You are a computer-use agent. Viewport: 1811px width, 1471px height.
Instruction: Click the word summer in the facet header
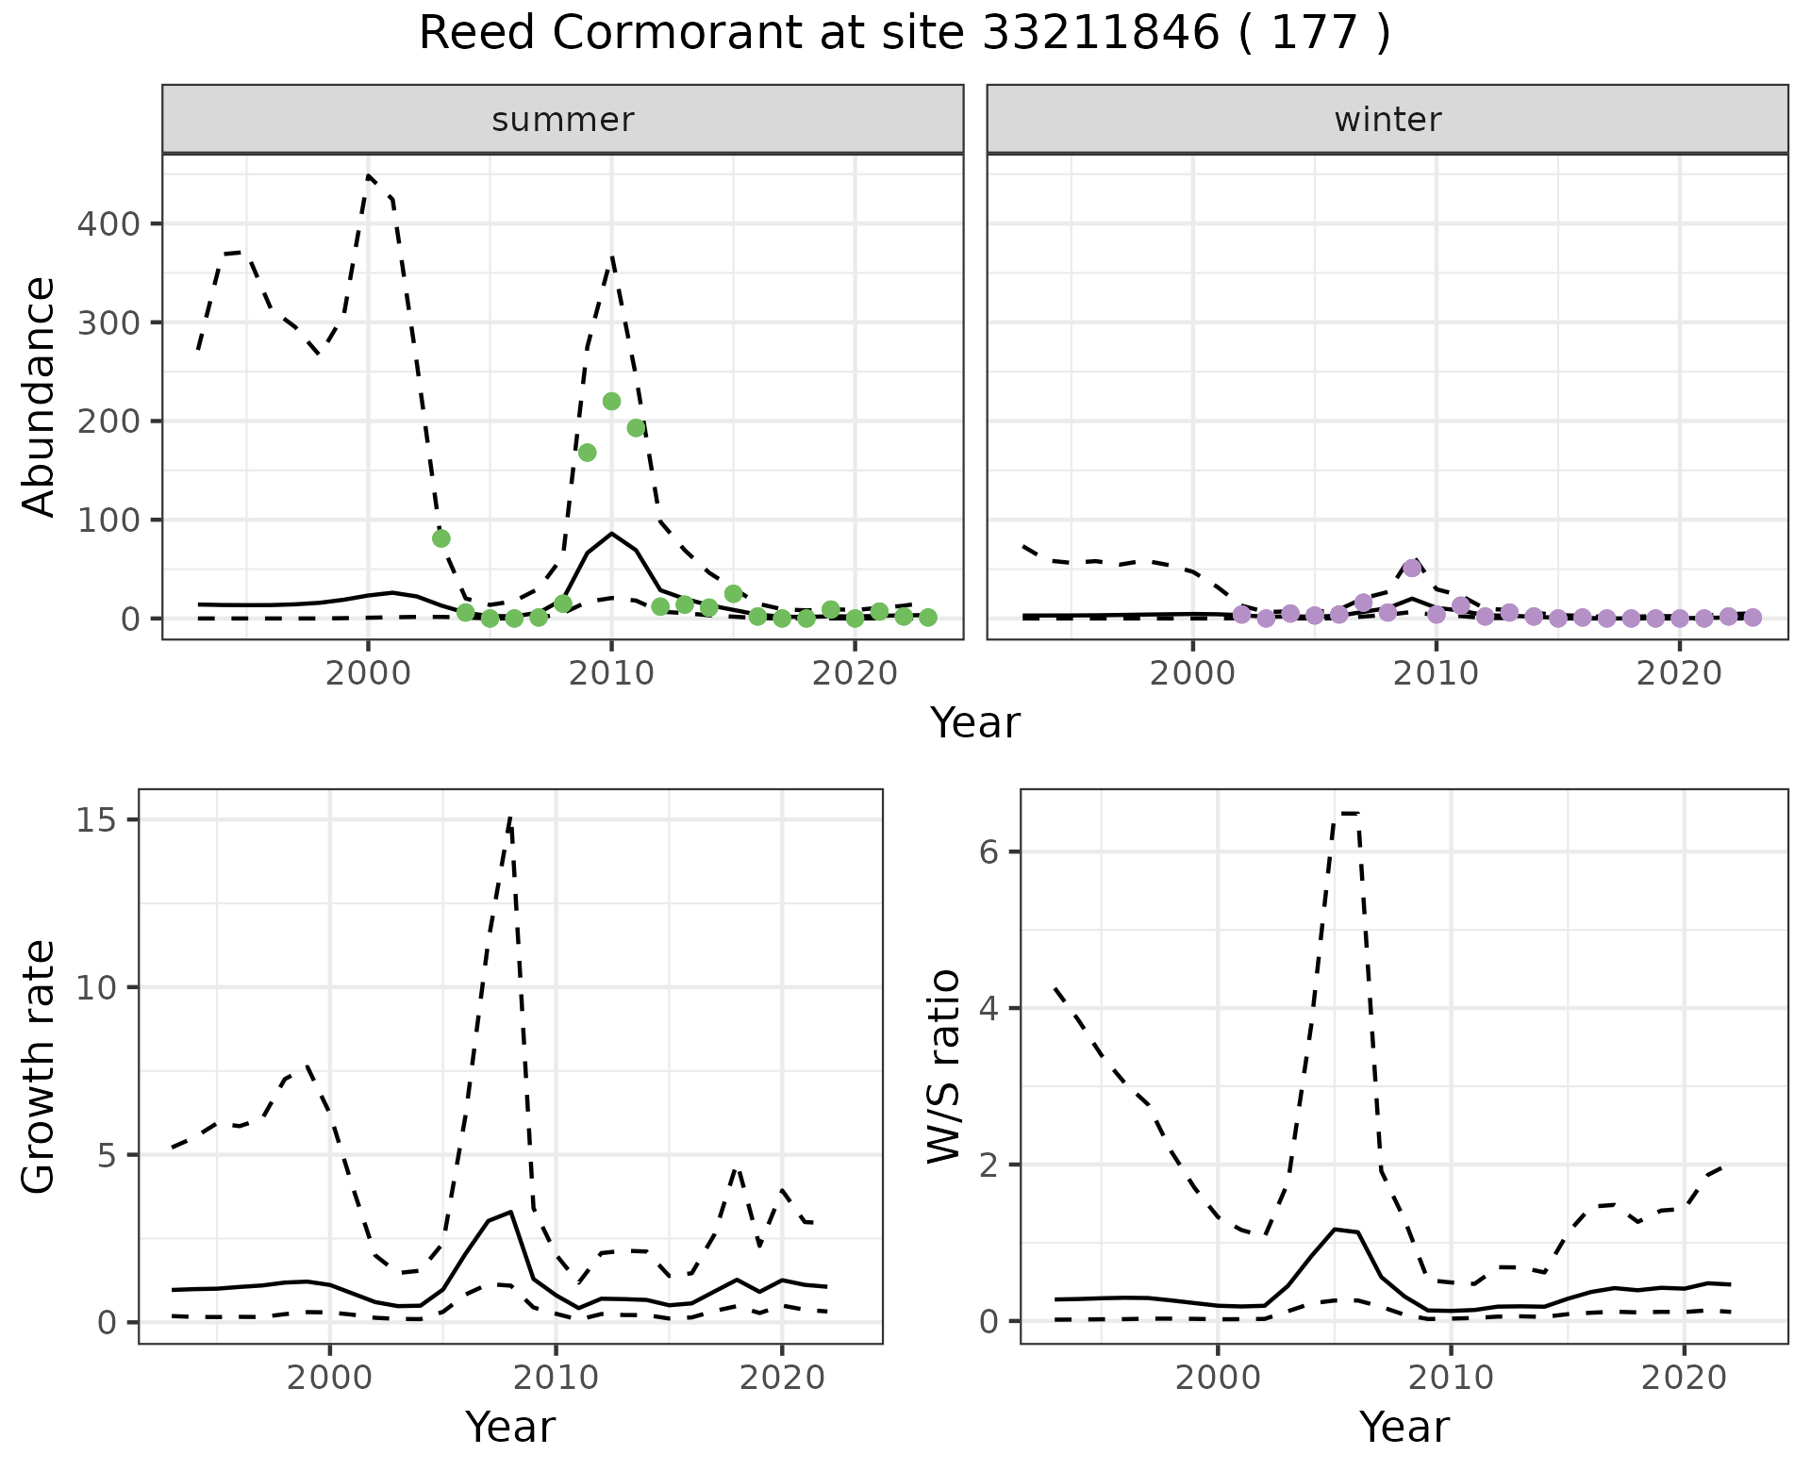click(563, 120)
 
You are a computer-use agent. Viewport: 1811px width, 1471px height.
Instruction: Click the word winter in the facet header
click(1387, 120)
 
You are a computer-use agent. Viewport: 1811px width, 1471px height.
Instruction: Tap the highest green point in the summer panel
click(611, 402)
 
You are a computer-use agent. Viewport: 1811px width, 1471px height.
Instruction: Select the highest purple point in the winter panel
click(1412, 568)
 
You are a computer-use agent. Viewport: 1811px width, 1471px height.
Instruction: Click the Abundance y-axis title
click(40, 397)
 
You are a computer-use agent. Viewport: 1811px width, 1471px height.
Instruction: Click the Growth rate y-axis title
click(40, 1066)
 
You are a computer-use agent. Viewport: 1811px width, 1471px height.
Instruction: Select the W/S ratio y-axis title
click(944, 1066)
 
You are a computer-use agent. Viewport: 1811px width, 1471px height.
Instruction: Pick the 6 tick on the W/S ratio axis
click(989, 852)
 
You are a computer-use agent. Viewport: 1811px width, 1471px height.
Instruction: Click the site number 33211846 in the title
click(1101, 34)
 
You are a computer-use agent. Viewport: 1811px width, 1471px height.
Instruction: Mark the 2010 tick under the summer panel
click(611, 675)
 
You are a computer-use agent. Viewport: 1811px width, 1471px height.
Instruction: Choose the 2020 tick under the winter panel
click(1679, 675)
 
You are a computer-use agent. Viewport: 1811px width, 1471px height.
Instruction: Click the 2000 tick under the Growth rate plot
click(330, 1379)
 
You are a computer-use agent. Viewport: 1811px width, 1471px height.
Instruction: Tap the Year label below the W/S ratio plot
click(1404, 1428)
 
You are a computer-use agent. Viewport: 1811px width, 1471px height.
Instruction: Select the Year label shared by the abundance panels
click(975, 723)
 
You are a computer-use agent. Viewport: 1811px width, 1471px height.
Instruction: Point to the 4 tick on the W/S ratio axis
click(989, 1009)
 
